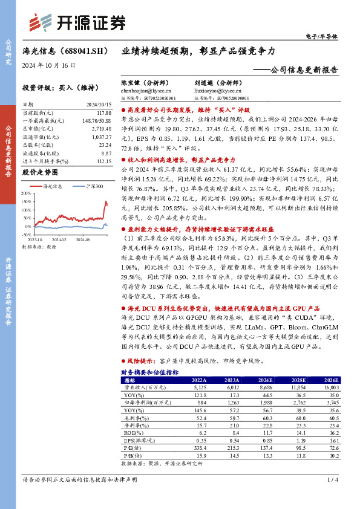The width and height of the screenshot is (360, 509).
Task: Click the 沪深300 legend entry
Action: [91, 187]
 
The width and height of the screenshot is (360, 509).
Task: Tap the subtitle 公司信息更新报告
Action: [300, 70]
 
